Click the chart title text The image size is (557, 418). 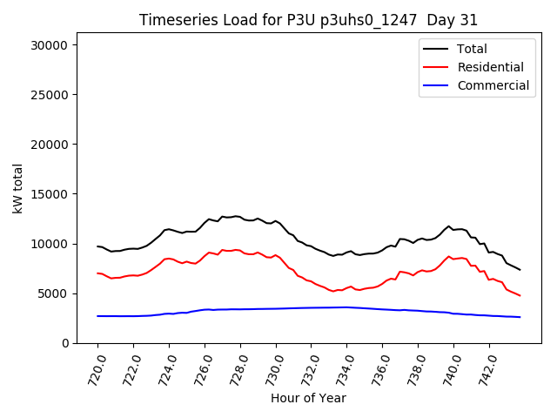pos(308,20)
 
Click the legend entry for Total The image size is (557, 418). pos(471,49)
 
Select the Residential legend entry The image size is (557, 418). pos(490,67)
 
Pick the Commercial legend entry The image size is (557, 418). pos(493,85)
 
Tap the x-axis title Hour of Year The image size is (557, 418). pos(308,398)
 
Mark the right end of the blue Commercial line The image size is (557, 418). pos(520,317)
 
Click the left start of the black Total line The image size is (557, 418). pos(97,246)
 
